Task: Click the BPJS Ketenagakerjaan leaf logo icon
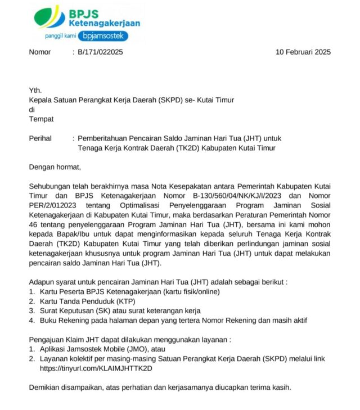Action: click(x=49, y=17)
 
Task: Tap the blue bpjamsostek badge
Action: click(x=103, y=36)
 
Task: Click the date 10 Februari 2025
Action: click(x=303, y=52)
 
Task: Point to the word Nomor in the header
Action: click(x=40, y=52)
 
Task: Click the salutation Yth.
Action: click(x=35, y=91)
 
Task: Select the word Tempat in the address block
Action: click(x=42, y=119)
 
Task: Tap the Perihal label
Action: click(x=40, y=138)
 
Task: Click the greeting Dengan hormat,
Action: click(x=55, y=166)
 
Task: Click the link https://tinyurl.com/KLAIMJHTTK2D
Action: click(x=96, y=368)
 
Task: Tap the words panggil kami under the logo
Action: click(x=60, y=37)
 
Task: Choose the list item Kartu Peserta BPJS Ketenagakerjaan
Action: click(x=130, y=291)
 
